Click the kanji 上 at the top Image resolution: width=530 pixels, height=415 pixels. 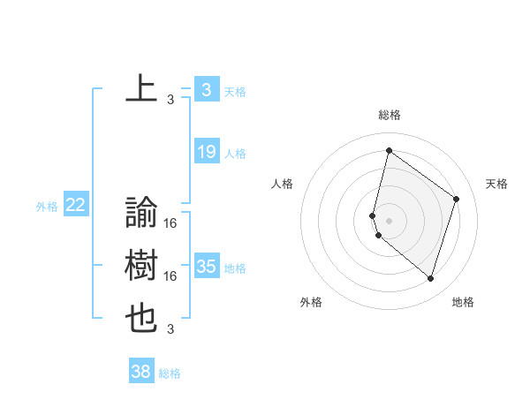[141, 89]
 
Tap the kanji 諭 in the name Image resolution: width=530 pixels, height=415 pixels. [141, 212]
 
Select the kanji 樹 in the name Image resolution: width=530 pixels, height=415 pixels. [141, 265]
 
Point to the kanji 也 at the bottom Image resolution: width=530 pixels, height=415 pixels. [141, 318]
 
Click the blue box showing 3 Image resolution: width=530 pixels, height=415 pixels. [206, 89]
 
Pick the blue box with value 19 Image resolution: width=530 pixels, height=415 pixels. [206, 152]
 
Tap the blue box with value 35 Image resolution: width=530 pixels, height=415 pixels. [206, 266]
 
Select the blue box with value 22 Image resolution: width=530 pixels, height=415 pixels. [75, 205]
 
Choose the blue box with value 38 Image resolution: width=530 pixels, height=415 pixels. [140, 372]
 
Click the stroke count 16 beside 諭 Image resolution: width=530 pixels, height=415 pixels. [170, 224]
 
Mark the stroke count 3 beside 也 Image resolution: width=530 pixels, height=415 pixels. [170, 330]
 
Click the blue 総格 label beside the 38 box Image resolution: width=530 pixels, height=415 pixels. [170, 373]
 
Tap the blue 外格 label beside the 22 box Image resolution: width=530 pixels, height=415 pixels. [47, 207]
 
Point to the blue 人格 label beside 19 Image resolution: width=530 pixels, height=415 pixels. [235, 154]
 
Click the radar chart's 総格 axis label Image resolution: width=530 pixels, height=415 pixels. [389, 115]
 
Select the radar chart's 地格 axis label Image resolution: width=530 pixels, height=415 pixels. [463, 302]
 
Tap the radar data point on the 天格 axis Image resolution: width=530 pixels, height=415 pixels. [457, 199]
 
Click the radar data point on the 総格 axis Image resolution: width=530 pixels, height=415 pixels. [389, 151]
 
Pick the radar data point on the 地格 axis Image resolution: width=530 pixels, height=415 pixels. [430, 278]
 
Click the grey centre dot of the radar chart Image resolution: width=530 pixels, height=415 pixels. [389, 219]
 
